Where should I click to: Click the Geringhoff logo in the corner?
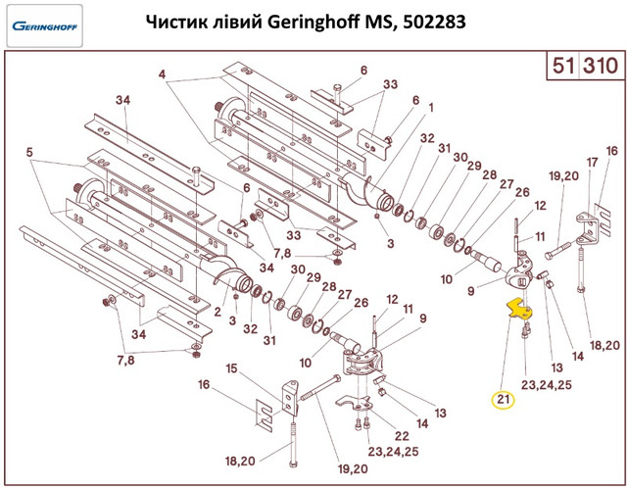[45, 26]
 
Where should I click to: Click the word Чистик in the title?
[173, 23]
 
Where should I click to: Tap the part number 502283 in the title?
[435, 23]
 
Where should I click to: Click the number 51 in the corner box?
[563, 66]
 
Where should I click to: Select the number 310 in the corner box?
[601, 66]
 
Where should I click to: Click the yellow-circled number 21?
[504, 399]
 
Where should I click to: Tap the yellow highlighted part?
[520, 310]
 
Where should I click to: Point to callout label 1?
[431, 108]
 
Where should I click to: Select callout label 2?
[217, 312]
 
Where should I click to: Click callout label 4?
[162, 74]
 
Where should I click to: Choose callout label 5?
[29, 153]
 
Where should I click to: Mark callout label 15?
[232, 368]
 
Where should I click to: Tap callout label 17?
[592, 162]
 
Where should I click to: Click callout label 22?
[402, 436]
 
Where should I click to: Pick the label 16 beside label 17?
[611, 151]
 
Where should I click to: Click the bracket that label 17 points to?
[587, 228]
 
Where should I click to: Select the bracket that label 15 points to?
[290, 398]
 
